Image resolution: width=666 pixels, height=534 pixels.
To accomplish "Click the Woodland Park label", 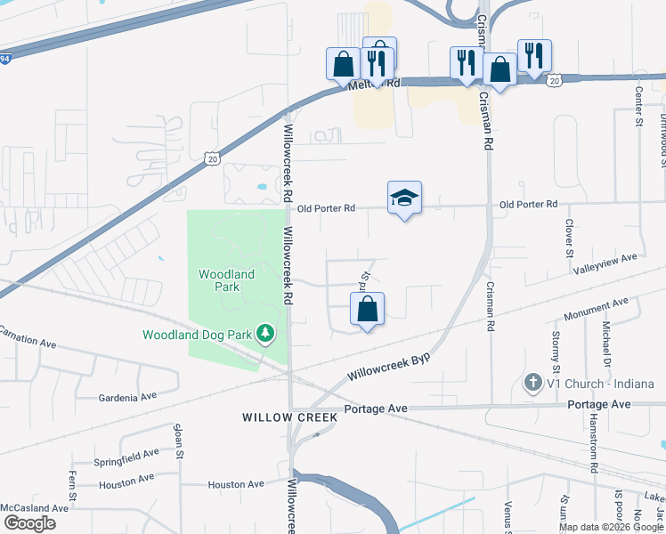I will point(226,280).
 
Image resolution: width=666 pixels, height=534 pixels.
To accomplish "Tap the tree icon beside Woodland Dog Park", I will point(264,334).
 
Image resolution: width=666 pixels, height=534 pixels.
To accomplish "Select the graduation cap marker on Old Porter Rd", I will point(404,198).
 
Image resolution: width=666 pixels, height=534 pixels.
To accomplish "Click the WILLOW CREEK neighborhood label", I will point(290,417).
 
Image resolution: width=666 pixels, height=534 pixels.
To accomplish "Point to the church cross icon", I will point(532,384).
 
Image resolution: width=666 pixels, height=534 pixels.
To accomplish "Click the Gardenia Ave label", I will point(127,396).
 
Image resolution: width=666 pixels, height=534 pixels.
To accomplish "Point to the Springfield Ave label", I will point(126,457).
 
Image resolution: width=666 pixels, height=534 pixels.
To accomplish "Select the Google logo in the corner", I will point(29,523).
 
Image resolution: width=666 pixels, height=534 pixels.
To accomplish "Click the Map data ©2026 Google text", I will point(611,527).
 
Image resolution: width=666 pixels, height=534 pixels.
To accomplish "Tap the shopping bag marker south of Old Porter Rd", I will point(367,311).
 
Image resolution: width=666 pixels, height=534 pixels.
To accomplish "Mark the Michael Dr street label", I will point(605,343).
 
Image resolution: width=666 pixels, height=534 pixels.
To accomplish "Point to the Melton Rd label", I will point(378,83).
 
